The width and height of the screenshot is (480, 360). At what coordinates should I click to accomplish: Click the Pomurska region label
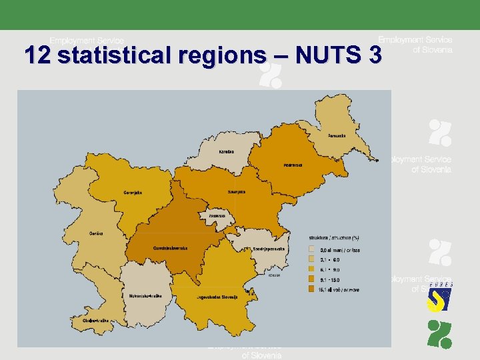[x=337, y=135]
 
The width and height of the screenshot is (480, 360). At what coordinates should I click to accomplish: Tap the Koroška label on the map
[x=227, y=151]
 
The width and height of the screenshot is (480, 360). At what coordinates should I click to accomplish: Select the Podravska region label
[x=293, y=164]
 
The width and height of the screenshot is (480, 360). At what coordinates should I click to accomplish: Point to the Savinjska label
[x=236, y=191]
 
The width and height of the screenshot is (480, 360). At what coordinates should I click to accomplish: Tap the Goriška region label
[x=96, y=233]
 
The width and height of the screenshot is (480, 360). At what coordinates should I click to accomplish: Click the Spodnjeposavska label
[x=269, y=248]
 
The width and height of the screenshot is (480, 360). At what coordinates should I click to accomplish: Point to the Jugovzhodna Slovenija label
[x=217, y=297]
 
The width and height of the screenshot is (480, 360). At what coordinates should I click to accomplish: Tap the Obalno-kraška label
[x=95, y=321]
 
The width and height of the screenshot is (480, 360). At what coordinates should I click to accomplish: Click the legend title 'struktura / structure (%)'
[x=334, y=237]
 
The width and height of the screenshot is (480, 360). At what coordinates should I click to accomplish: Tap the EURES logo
[x=439, y=297]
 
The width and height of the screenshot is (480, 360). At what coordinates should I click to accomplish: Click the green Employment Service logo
[x=439, y=333]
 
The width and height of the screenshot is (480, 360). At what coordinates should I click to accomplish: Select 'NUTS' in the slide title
[x=329, y=55]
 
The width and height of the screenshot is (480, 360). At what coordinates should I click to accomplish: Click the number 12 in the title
[x=37, y=55]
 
